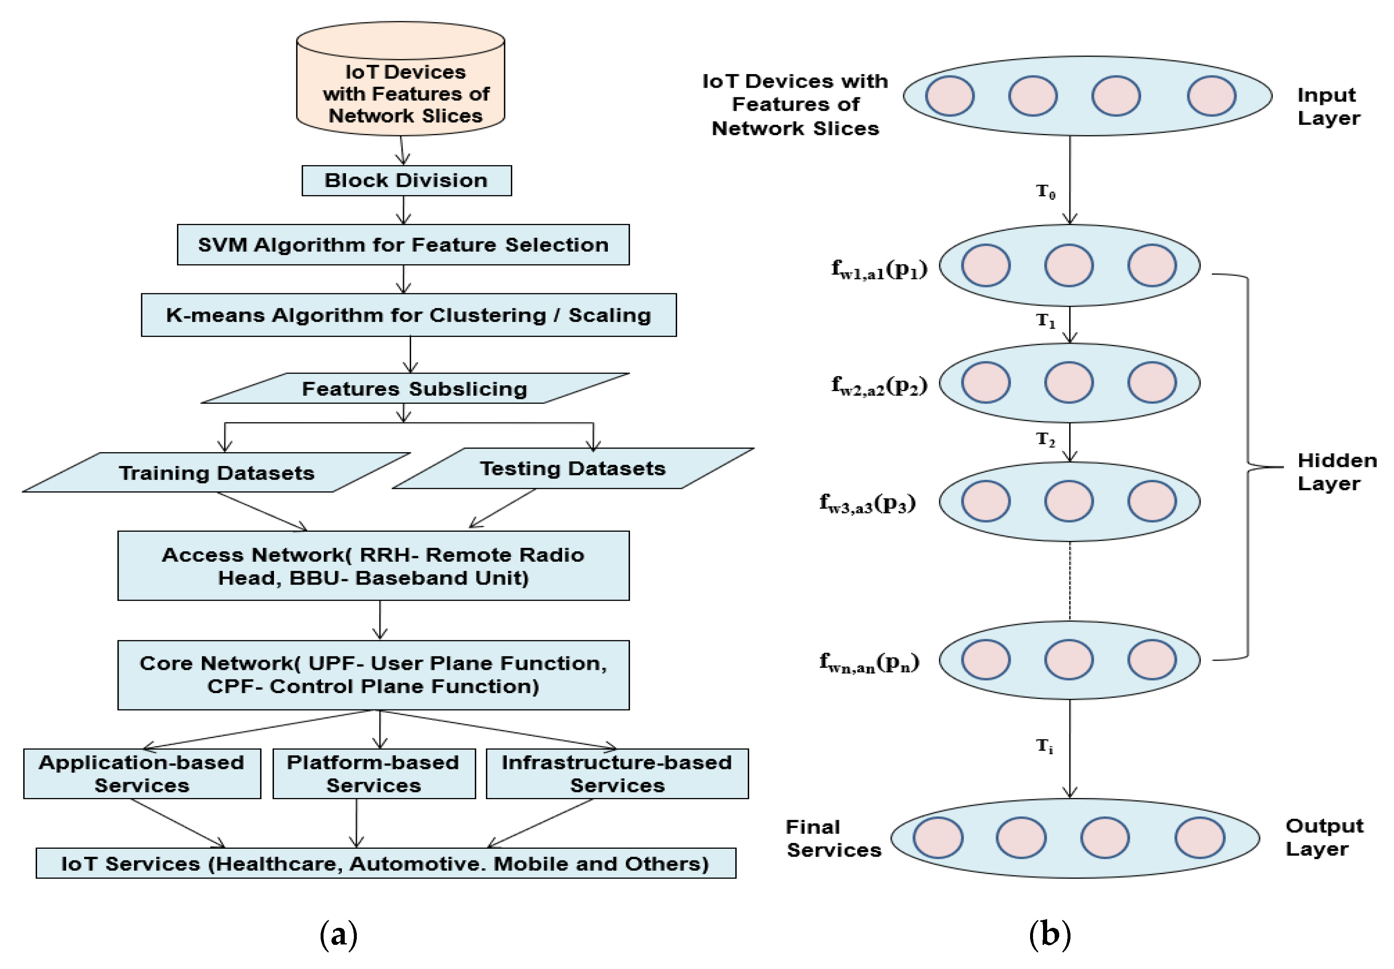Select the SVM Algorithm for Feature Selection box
(x=403, y=245)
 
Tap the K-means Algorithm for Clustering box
(x=408, y=315)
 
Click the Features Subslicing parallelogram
(x=415, y=388)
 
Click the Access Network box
(x=373, y=565)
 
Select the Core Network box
(x=373, y=675)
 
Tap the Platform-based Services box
(x=373, y=773)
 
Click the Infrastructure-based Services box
(x=617, y=773)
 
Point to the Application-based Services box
(x=142, y=773)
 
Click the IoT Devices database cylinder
(x=401, y=85)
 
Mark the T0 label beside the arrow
(x=1045, y=192)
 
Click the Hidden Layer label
(x=1336, y=471)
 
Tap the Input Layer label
(x=1327, y=106)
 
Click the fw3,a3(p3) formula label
(x=867, y=503)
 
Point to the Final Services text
(x=833, y=838)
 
